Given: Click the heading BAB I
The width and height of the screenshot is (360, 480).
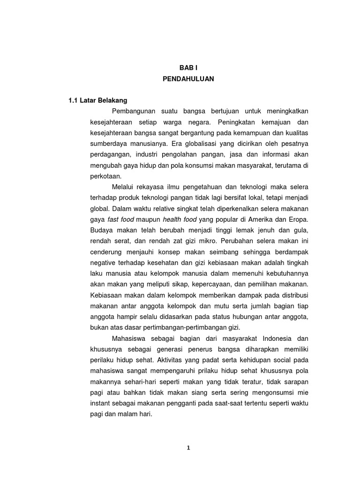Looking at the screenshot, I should [x=188, y=68].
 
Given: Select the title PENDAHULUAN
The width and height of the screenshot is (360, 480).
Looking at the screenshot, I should [x=188, y=79].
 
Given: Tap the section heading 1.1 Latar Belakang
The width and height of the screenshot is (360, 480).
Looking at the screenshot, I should [x=97, y=100].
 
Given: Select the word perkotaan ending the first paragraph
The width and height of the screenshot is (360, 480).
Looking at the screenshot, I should [x=105, y=176].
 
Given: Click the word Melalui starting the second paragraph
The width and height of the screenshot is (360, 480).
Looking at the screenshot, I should [x=123, y=187].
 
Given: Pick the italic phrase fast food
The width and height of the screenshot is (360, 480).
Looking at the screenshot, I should [x=120, y=219].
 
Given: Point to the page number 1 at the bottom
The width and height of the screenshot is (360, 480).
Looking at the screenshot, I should [x=188, y=448].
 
